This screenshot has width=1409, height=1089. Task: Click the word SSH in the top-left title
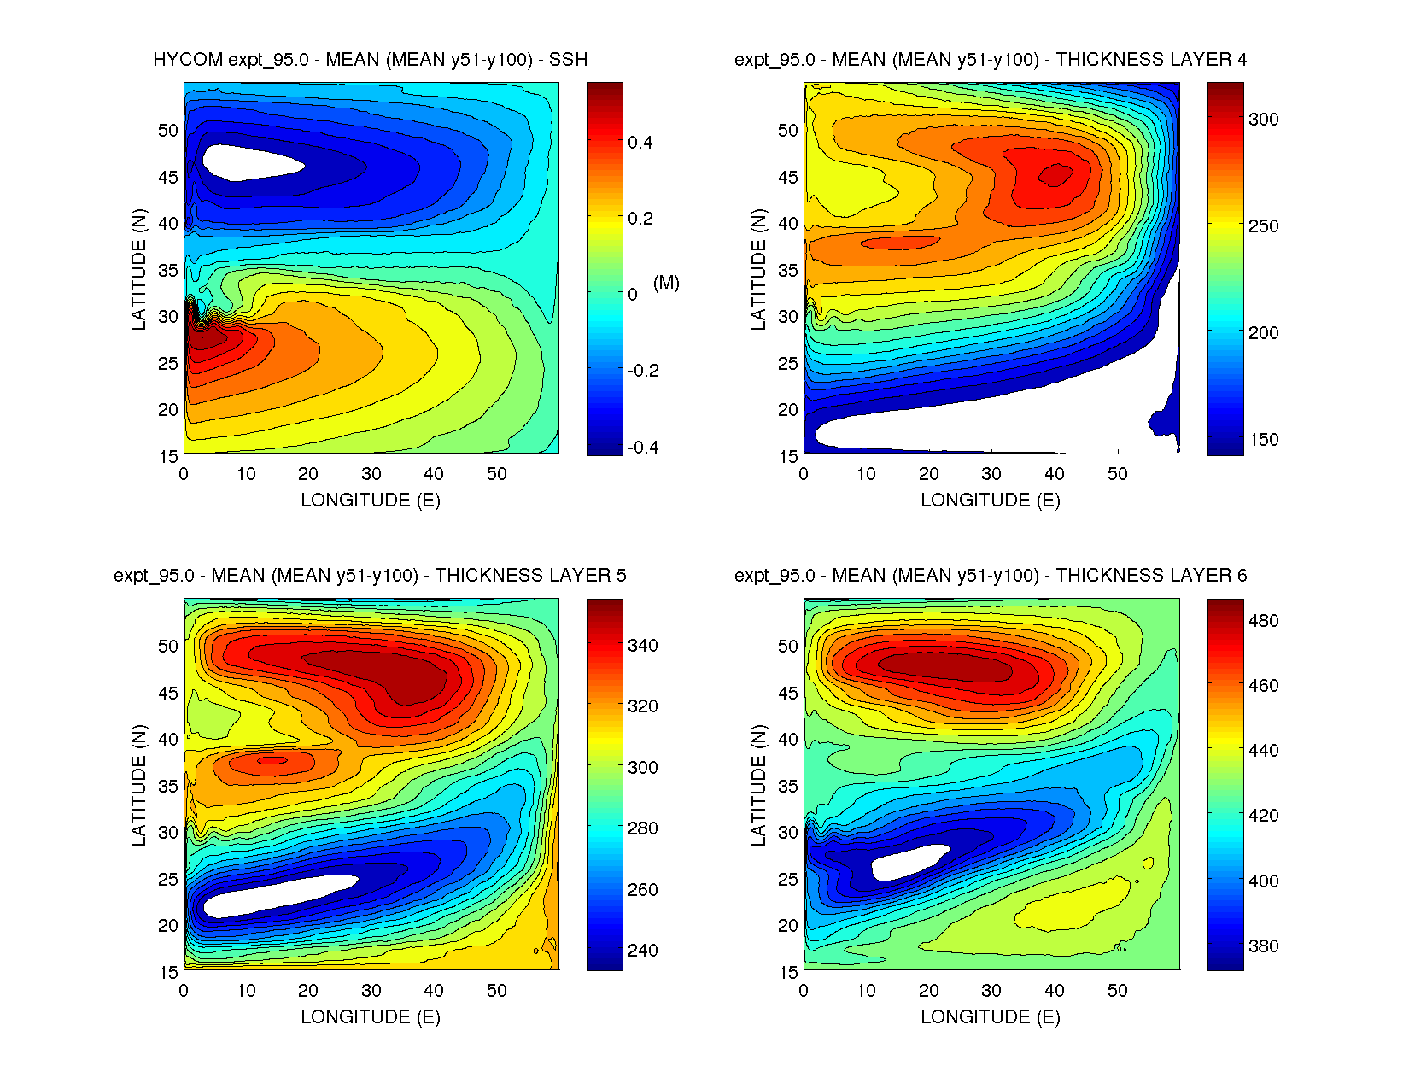click(x=568, y=60)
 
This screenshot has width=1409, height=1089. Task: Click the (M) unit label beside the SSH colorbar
click(x=666, y=283)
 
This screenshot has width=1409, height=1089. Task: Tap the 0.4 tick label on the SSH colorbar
click(x=640, y=143)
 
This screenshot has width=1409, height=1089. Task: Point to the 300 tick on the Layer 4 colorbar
click(x=1263, y=120)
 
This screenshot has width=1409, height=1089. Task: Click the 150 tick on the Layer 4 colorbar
click(x=1263, y=440)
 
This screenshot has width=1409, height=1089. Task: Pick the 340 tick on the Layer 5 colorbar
click(x=642, y=646)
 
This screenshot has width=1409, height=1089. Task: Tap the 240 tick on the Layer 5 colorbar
click(x=642, y=951)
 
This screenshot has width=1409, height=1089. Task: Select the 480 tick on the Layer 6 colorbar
click(x=1263, y=621)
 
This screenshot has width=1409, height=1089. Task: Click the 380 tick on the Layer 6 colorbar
click(x=1263, y=946)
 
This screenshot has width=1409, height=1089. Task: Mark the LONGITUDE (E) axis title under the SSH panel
click(x=371, y=501)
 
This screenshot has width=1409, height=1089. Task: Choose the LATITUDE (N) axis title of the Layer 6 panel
click(x=758, y=786)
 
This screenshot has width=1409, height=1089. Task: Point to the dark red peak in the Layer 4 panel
click(x=1055, y=175)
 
